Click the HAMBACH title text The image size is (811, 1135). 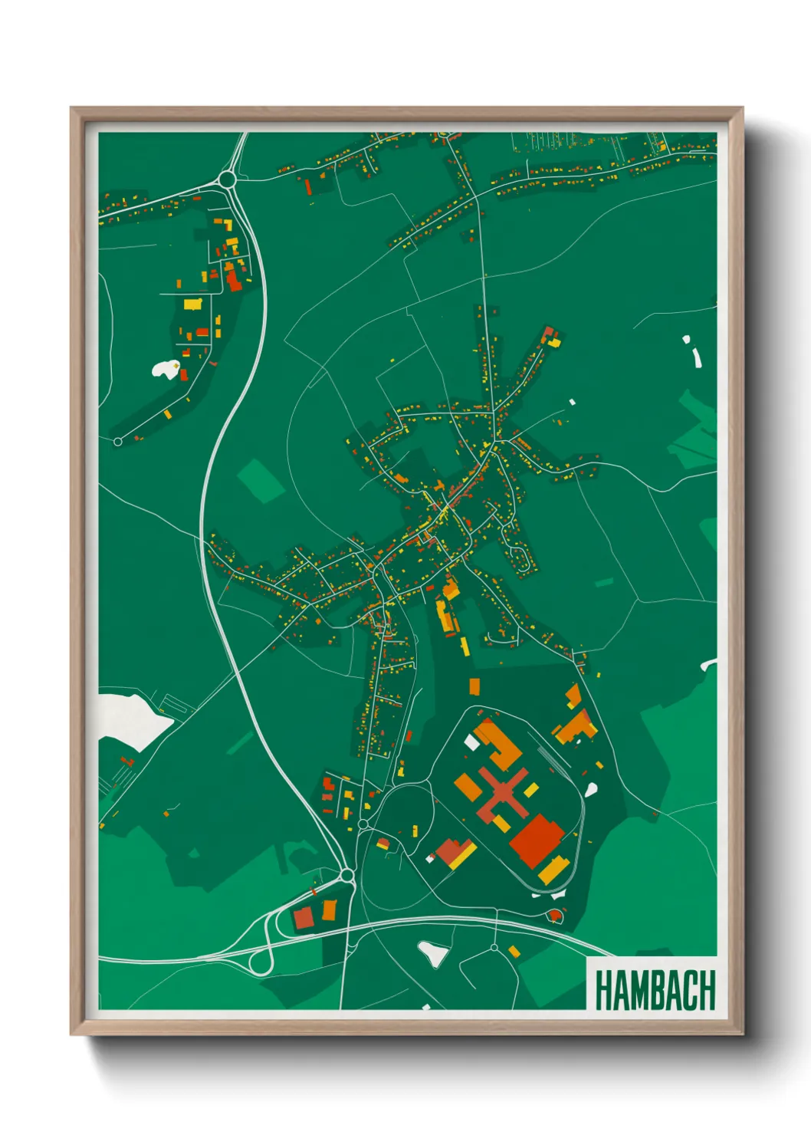click(654, 990)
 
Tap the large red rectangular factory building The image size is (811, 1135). click(537, 840)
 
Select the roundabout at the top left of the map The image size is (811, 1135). click(226, 180)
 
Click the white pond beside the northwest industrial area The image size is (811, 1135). click(165, 370)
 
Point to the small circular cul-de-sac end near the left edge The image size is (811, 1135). click(117, 442)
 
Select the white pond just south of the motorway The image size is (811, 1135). click(434, 953)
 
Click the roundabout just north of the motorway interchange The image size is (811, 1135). click(347, 875)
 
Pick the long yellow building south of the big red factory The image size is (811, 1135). click(552, 870)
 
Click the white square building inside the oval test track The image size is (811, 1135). click(471, 742)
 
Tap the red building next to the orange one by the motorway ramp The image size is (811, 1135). click(304, 917)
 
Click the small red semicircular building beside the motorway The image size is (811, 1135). click(555, 915)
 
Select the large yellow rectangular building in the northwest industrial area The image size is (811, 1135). click(192, 304)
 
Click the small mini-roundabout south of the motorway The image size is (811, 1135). click(494, 948)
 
